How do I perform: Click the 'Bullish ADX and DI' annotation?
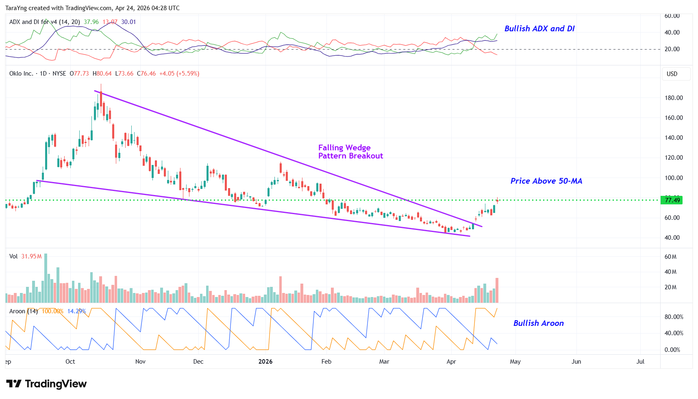(539, 28)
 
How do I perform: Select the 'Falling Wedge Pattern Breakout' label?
(350, 152)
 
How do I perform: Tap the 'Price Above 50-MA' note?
(546, 181)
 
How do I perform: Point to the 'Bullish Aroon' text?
(538, 323)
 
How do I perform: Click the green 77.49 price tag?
(672, 200)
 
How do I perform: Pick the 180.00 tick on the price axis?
(674, 98)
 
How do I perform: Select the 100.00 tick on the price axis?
(674, 178)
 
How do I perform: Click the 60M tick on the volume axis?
(670, 257)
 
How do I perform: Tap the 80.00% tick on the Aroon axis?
(674, 317)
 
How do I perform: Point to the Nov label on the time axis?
(140, 362)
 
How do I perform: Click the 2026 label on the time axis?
(265, 362)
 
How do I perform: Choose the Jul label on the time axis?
(640, 362)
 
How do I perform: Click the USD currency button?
(672, 74)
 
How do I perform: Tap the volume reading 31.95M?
(31, 256)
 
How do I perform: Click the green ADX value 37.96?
(91, 22)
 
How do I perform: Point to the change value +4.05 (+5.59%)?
(179, 74)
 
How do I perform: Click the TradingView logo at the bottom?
(46, 384)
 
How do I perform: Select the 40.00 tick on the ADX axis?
(672, 33)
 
